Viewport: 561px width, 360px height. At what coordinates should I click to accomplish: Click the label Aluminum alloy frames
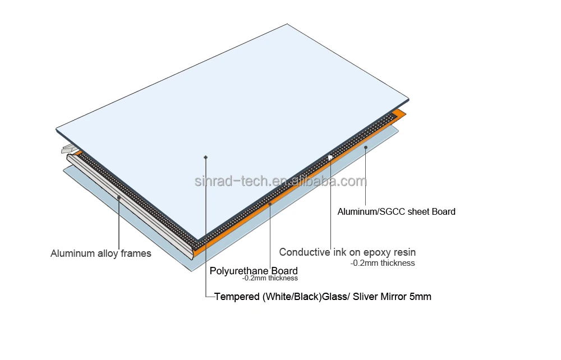pos(101,253)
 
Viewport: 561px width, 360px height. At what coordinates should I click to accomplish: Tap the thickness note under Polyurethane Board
pos(270,278)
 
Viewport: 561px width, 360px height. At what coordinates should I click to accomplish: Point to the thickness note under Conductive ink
pos(383,262)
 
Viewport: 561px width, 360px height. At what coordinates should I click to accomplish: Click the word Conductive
pos(305,252)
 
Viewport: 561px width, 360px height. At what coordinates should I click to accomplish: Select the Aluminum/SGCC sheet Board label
pos(396,212)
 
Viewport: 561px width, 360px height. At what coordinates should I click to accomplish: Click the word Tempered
pos(237,297)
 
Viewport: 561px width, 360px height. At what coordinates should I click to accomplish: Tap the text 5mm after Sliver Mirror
pos(420,297)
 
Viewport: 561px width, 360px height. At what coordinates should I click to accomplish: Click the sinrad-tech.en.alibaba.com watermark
pos(280,181)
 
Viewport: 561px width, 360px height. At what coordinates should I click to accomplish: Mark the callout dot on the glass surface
pos(206,157)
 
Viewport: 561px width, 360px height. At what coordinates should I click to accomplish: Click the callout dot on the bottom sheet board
pos(366,147)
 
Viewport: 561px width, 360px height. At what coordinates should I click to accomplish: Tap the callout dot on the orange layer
pos(270,205)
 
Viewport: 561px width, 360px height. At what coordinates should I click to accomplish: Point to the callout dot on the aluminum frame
pos(119,197)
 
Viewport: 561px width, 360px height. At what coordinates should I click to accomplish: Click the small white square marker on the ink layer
pos(330,158)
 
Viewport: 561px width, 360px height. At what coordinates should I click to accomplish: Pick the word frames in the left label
pos(136,253)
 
